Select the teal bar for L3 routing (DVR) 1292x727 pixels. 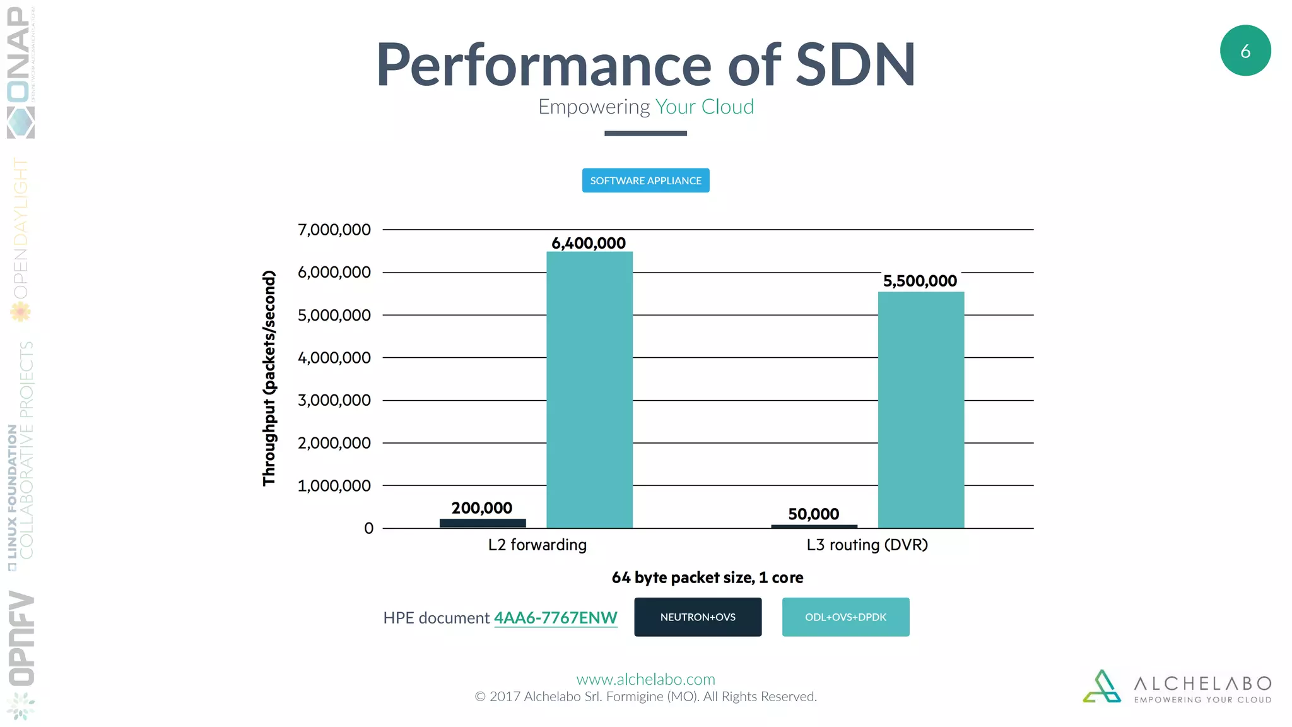tap(920, 410)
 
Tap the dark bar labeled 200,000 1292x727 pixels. tap(483, 523)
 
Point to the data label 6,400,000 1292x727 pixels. tap(589, 243)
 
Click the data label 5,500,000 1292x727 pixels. tap(920, 281)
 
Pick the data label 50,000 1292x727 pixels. tap(813, 514)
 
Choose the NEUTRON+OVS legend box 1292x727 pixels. tap(698, 617)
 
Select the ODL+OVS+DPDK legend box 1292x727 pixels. tap(845, 617)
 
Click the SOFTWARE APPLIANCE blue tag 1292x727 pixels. tap(645, 180)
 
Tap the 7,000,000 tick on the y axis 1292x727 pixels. tap(334, 230)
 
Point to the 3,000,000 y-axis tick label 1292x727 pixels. tap(334, 400)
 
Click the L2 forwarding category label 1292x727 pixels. tap(537, 545)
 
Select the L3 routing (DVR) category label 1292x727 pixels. tap(867, 545)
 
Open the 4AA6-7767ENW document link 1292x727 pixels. tap(555, 618)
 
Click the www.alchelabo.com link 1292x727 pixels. tap(645, 679)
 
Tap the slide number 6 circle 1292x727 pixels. tap(1245, 51)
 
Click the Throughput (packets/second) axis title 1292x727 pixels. tap(269, 378)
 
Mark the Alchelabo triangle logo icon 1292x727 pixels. tap(1101, 687)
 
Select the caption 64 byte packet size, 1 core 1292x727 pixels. tap(707, 577)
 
